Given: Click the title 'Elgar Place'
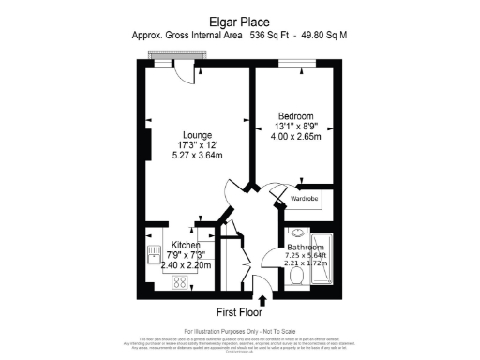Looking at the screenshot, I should pos(239,21).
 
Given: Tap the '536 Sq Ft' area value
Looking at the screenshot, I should pos(271,36).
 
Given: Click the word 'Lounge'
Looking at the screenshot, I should pos(196,134).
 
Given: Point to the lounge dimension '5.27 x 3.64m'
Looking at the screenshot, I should pos(196,156).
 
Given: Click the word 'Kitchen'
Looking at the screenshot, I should pos(186,244).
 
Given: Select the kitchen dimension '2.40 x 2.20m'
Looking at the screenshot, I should pos(186,265).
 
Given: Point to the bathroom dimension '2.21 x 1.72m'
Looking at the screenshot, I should pos(309,265).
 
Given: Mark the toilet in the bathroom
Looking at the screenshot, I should pos(296,278).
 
